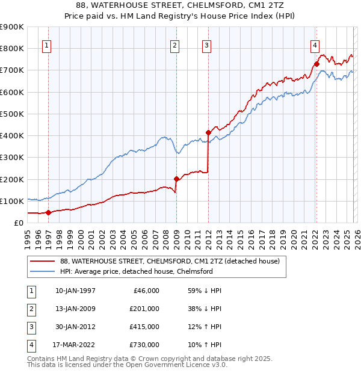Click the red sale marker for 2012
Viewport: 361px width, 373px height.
point(208,132)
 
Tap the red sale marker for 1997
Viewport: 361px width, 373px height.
point(48,212)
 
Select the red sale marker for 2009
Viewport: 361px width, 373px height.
point(176,179)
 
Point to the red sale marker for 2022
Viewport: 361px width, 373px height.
point(316,64)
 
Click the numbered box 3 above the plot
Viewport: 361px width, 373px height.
point(206,44)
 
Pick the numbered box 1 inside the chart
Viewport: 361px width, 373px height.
point(47,44)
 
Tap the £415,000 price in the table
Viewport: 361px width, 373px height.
point(144,327)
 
